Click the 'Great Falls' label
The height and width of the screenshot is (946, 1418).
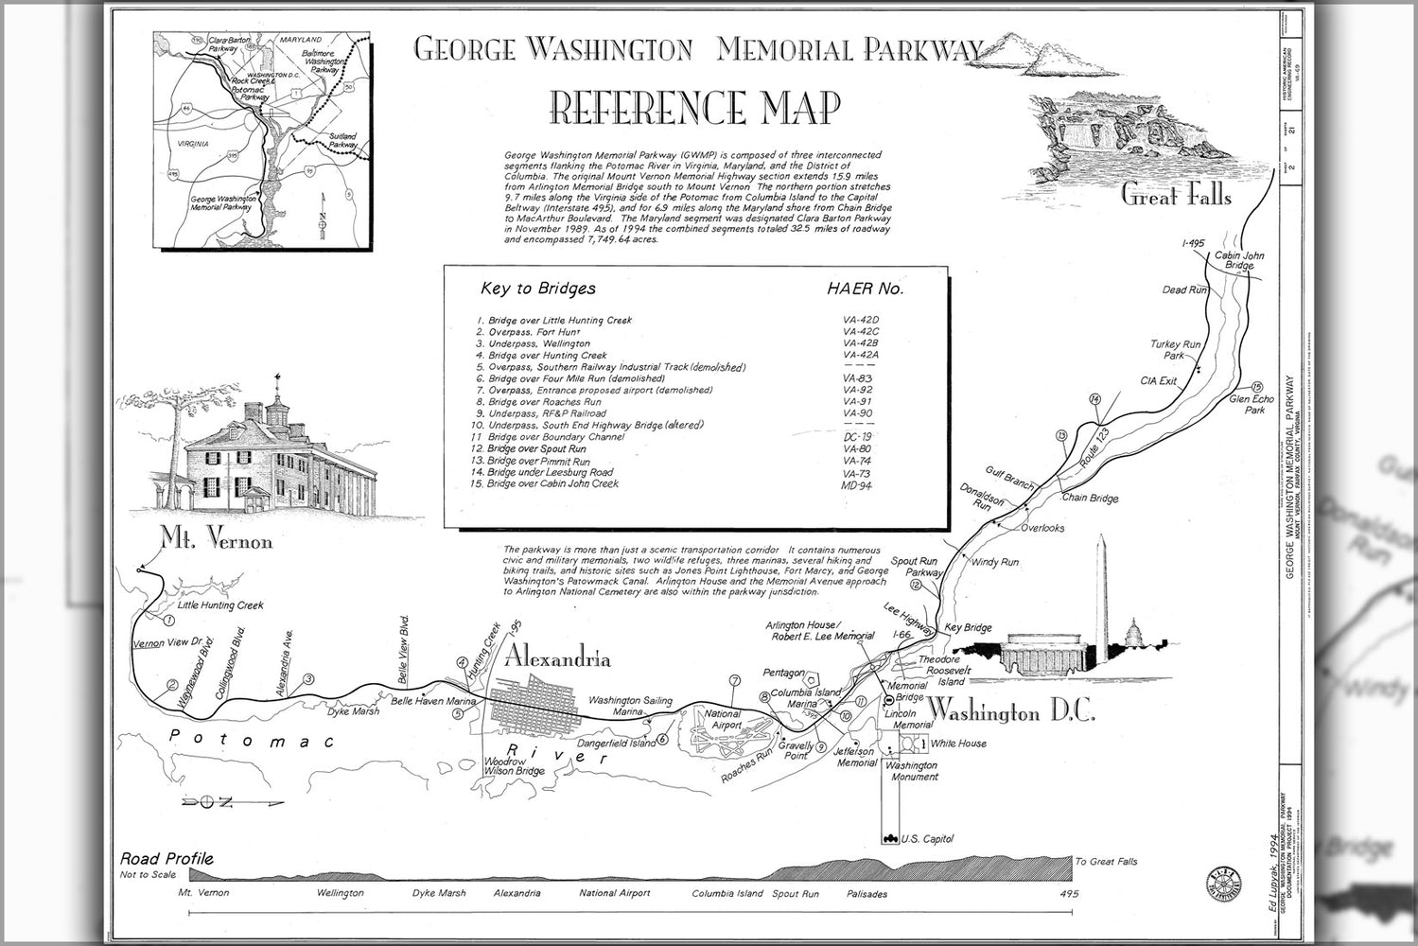pos(1176,196)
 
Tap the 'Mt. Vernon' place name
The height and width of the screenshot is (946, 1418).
pos(216,541)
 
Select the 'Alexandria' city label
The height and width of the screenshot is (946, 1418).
pos(557,658)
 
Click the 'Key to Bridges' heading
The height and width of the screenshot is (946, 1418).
pos(538,289)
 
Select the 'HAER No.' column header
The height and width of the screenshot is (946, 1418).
pos(865,289)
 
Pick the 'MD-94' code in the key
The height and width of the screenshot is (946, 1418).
pos(856,485)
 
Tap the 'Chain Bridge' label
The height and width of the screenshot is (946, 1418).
pos(1090,498)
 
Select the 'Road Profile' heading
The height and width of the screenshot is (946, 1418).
pos(166,859)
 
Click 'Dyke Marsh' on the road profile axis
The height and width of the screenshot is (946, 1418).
pos(439,893)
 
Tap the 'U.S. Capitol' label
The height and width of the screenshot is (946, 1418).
pos(927,839)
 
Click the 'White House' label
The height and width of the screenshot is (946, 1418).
pos(958,744)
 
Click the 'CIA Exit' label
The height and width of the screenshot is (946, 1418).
pos(1159,381)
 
